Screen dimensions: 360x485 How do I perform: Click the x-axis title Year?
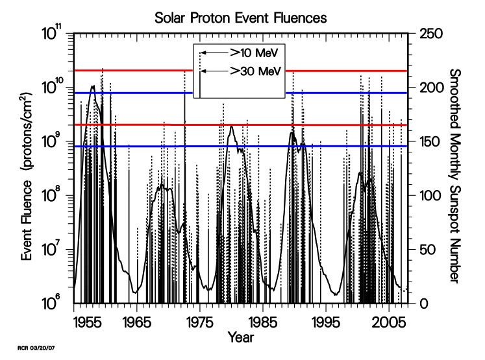click(240, 337)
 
